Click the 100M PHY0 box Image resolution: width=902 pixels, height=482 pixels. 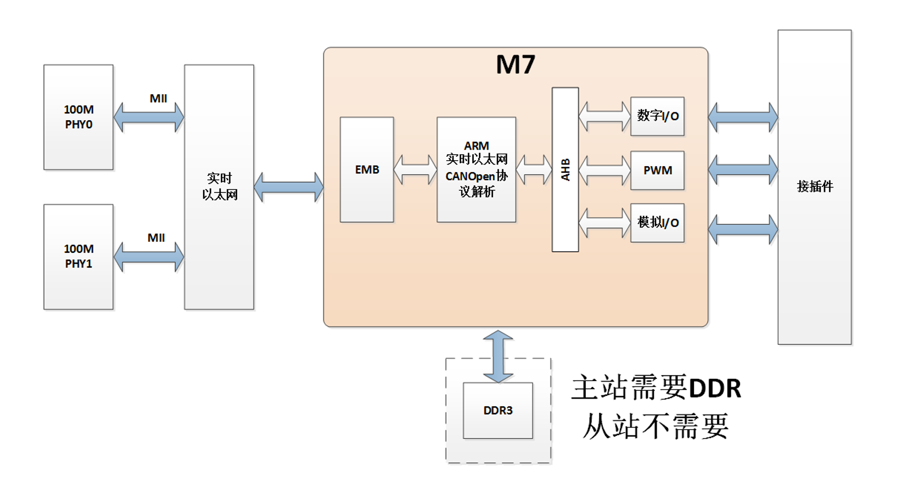coord(79,117)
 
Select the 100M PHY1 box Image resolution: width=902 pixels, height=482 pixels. coord(79,257)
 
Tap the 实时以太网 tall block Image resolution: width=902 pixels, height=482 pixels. coord(219,187)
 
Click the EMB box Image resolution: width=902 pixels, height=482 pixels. coord(367,169)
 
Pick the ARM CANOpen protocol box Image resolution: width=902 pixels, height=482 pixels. coord(476,169)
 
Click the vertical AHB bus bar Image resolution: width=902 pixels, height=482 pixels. coord(565,169)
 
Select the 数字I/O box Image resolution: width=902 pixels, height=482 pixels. coord(657,116)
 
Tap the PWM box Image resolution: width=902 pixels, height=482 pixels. coord(657,171)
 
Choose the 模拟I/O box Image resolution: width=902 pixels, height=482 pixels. coord(657,223)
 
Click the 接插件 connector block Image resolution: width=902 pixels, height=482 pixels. coord(814,187)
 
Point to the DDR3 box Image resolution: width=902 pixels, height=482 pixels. coord(498,410)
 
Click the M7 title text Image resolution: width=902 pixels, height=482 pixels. coord(515,65)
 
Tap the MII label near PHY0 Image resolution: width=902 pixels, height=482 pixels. coord(158,99)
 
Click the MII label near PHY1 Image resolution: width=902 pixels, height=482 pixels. coord(156,238)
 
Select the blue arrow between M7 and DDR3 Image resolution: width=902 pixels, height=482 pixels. coord(498,356)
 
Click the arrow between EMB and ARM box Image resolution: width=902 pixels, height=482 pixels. coord(415,169)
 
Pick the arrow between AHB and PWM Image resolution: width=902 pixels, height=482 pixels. coord(604,170)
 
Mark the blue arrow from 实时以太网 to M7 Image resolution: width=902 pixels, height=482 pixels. coord(288,187)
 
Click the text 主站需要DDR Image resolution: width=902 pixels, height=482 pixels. coord(656,388)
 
